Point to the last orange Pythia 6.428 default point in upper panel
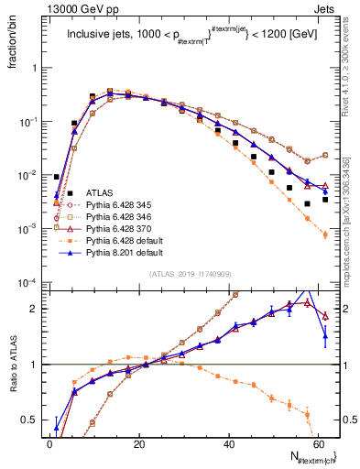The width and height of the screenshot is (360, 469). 325,235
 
